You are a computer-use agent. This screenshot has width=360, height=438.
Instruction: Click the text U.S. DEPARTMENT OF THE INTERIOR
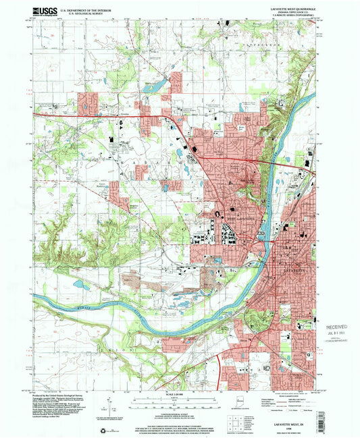86,10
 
